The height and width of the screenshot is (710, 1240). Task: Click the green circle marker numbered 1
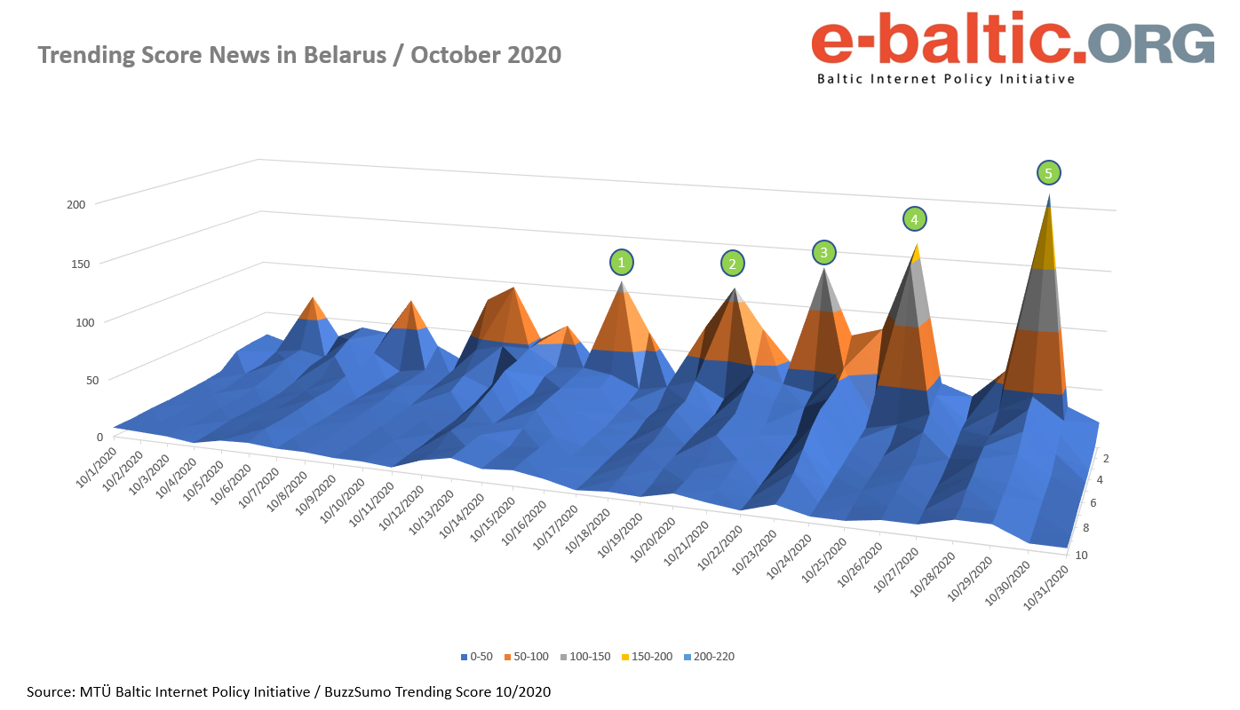(622, 263)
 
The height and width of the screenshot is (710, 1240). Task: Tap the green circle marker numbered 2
(732, 263)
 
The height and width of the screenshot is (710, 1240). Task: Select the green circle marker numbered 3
(824, 253)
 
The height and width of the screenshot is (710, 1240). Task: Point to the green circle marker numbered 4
(914, 218)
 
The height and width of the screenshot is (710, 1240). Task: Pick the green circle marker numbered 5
(1048, 172)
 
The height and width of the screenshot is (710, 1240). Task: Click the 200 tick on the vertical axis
(76, 204)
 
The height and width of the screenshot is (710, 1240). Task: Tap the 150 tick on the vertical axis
(76, 263)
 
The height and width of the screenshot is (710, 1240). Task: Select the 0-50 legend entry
(477, 657)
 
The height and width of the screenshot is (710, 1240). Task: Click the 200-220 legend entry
(709, 657)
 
